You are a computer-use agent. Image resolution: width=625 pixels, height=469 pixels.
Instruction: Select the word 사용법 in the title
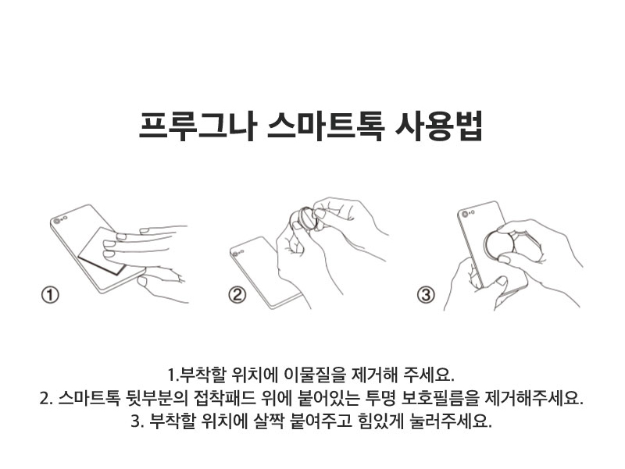click(437, 126)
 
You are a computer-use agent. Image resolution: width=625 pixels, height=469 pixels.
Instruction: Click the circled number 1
click(50, 296)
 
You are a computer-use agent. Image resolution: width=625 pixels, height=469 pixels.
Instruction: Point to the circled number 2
click(237, 295)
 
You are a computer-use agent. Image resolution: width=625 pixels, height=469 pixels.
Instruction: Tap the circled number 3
click(426, 295)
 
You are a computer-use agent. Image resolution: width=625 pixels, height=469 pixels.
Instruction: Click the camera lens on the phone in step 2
click(236, 254)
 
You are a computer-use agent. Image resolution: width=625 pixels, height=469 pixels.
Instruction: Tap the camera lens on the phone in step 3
click(465, 215)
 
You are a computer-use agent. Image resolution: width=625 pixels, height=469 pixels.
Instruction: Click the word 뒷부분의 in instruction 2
click(157, 397)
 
